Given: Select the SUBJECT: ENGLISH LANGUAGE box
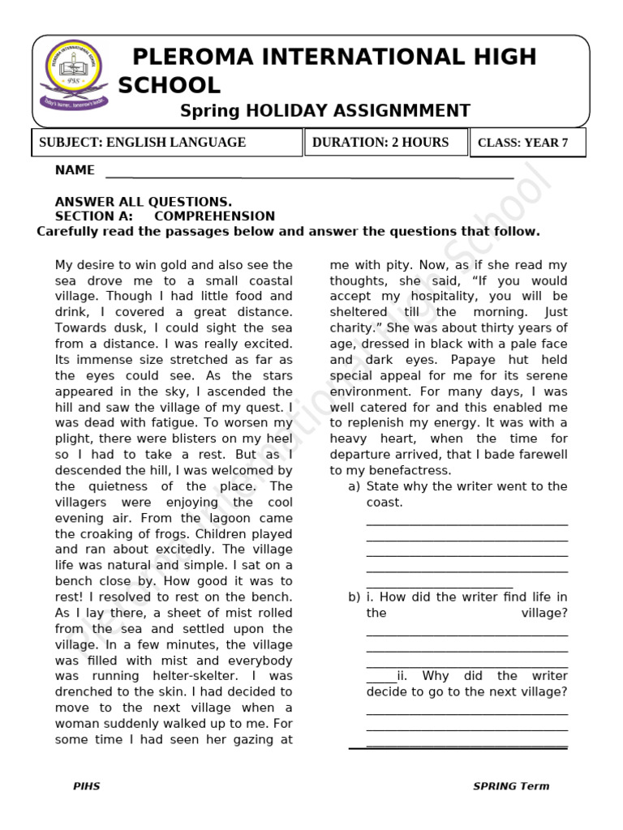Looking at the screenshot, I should [166, 143].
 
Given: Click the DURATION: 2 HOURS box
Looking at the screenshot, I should [385, 142].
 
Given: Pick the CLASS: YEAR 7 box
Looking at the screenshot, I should [528, 143].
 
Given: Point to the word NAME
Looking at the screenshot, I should [75, 170].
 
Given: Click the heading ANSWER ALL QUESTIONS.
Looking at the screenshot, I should [143, 202].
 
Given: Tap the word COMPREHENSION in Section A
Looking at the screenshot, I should [214, 216].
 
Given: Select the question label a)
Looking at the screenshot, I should [354, 486].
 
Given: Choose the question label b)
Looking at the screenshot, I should [354, 597].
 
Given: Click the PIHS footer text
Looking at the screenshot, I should [86, 786].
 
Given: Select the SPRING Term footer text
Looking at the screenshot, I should [511, 786].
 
